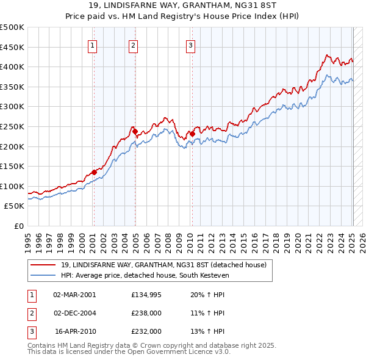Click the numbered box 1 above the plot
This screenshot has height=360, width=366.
click(x=92, y=45)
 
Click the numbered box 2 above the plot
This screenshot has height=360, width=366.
click(x=133, y=45)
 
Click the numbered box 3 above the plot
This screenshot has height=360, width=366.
click(x=190, y=45)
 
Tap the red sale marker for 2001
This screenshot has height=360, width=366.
click(x=94, y=172)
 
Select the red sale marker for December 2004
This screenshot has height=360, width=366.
click(x=135, y=131)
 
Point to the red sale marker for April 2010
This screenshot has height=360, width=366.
click(x=192, y=134)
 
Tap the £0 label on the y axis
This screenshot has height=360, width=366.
click(x=19, y=226)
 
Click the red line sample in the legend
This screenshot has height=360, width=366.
click(x=43, y=265)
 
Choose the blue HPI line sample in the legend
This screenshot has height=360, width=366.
click(x=43, y=276)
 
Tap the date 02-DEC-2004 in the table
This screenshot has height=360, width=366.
click(x=75, y=313)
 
